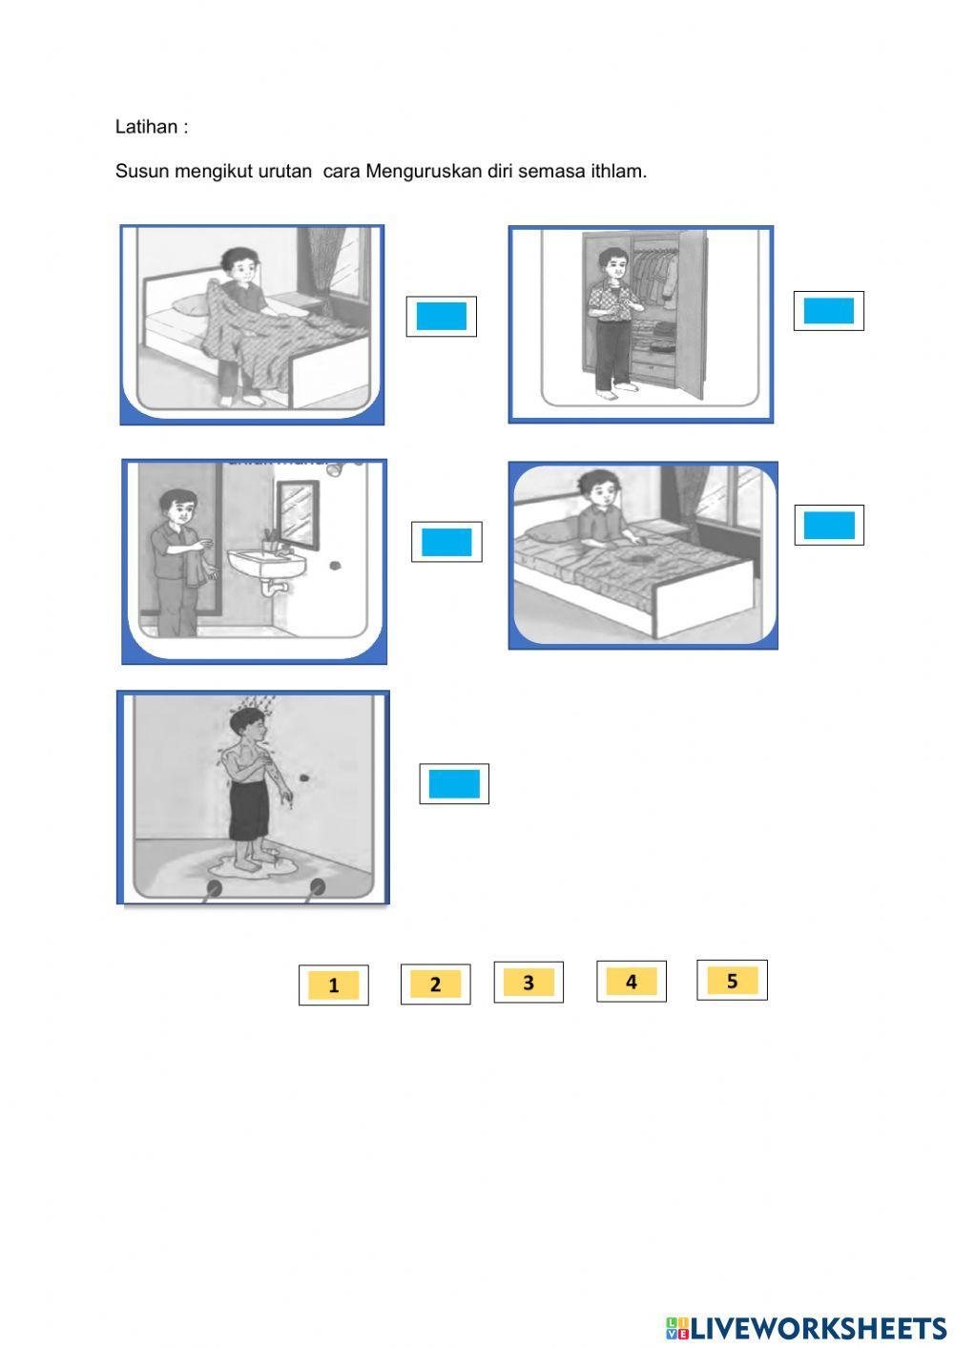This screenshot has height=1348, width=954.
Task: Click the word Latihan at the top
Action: point(146,127)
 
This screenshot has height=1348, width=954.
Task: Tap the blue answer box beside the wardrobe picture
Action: point(829,311)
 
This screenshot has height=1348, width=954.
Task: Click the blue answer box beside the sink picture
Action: point(446,542)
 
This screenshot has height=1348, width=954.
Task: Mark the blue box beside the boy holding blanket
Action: point(441,317)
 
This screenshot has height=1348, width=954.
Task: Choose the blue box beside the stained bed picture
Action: point(829,526)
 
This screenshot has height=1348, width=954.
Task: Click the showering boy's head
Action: point(247,723)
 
